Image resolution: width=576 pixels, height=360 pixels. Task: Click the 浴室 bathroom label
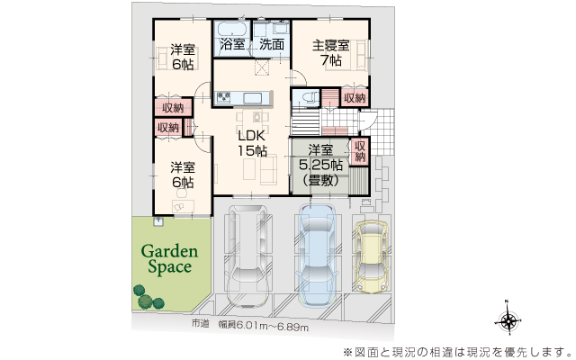click(x=232, y=44)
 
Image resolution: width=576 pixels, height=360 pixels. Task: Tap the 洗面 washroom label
click(x=272, y=44)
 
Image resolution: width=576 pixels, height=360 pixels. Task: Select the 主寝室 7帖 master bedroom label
click(x=331, y=52)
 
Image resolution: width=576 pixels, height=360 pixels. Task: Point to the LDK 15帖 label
click(x=252, y=143)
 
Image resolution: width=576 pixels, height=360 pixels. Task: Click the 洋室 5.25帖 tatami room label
click(x=320, y=165)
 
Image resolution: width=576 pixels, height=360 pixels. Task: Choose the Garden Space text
click(x=169, y=259)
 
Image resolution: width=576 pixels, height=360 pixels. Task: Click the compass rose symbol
click(x=508, y=320)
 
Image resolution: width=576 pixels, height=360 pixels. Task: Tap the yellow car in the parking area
click(x=371, y=256)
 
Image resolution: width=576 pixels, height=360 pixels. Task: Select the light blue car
click(x=317, y=255)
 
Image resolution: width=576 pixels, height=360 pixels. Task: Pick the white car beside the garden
click(x=248, y=256)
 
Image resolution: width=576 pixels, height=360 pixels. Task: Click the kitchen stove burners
click(x=223, y=97)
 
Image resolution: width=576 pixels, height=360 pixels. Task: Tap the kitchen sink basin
click(x=253, y=98)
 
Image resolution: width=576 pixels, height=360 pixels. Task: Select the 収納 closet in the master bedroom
click(x=355, y=98)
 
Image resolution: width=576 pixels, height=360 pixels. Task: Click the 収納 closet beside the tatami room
click(x=360, y=150)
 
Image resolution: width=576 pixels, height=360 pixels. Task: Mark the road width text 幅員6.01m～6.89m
click(x=263, y=326)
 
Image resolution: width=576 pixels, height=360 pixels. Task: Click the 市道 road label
click(x=200, y=324)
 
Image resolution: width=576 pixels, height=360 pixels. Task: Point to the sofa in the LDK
click(x=268, y=169)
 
